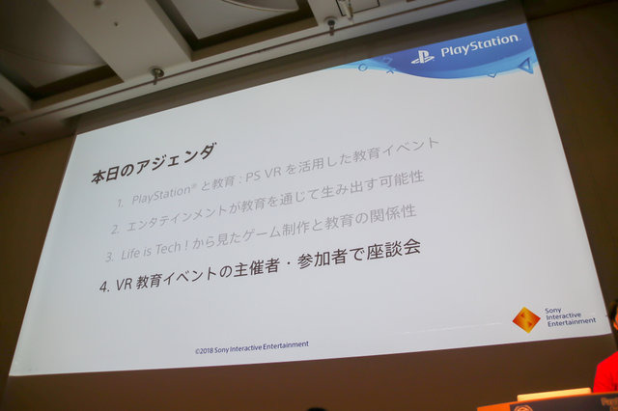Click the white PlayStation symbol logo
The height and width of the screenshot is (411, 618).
click(423, 55)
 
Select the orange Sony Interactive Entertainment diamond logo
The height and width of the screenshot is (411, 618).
click(525, 319)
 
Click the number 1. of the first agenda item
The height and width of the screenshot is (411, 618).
click(120, 205)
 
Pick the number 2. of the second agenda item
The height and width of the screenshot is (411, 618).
click(114, 230)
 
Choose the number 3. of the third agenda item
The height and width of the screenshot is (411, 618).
click(108, 257)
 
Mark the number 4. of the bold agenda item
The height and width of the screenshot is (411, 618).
click(106, 287)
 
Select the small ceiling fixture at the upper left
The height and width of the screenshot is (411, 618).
click(157, 73)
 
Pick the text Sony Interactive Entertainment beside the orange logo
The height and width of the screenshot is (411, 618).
click(566, 316)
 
